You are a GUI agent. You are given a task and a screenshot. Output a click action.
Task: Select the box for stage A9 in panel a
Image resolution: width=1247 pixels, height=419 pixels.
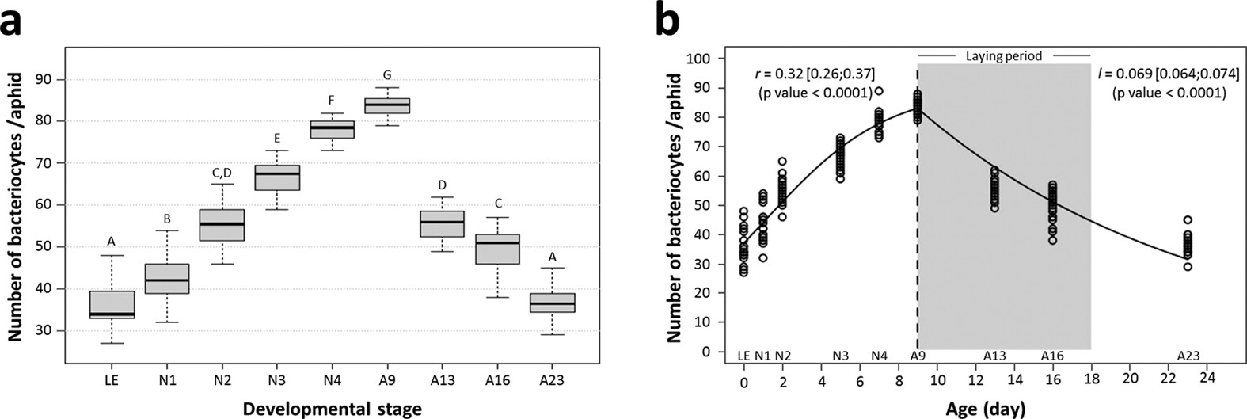point(387,105)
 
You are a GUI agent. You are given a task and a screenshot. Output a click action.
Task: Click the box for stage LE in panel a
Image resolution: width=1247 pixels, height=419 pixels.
point(112,305)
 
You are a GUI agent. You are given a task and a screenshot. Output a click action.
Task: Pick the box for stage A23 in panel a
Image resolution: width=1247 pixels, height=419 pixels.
point(552,303)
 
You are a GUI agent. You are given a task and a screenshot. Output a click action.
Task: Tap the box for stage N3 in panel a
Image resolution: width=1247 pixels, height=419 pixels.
point(277,177)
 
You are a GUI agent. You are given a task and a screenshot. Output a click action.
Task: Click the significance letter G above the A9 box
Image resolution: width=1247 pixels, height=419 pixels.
point(387,75)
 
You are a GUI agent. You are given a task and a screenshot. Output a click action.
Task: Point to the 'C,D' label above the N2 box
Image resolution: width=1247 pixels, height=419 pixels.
point(222,172)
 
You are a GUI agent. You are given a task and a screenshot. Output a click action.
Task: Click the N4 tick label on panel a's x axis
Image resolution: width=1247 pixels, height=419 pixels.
point(332,381)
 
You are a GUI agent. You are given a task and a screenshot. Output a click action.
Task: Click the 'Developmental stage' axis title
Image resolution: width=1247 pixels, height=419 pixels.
point(333,408)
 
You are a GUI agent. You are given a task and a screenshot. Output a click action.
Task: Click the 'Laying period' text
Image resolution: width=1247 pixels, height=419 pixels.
point(1003,56)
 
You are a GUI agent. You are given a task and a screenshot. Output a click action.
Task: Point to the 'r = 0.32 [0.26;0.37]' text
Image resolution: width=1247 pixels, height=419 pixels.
point(814,74)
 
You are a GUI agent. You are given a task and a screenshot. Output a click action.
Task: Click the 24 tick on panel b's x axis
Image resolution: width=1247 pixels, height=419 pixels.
point(1207,377)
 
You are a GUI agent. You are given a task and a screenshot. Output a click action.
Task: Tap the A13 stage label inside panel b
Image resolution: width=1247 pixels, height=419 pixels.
point(994,356)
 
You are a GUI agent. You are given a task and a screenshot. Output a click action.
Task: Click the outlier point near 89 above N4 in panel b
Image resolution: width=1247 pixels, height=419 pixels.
point(879,91)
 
